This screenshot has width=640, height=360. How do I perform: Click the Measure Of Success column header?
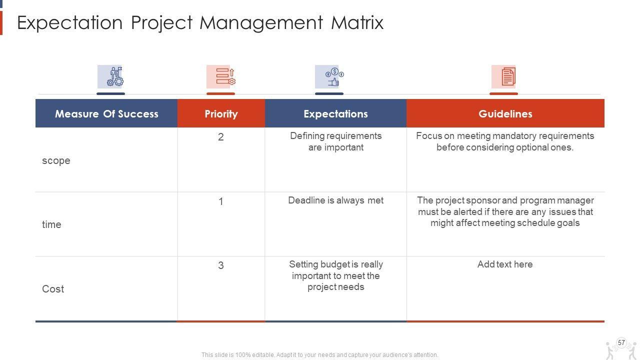click(x=106, y=113)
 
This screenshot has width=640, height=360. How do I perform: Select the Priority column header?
click(x=221, y=113)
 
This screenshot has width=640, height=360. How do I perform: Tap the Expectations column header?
click(x=335, y=113)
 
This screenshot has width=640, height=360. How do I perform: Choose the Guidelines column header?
click(x=505, y=113)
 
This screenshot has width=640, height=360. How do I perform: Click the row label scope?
click(x=56, y=161)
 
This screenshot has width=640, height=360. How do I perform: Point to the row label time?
click(x=51, y=224)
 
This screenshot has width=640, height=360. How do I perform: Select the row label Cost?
click(x=53, y=289)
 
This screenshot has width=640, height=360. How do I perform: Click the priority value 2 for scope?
click(x=221, y=137)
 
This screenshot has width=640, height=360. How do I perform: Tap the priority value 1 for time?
click(x=221, y=201)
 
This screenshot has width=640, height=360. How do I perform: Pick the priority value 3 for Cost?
click(x=221, y=265)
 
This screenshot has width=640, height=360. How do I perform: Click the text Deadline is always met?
click(x=335, y=200)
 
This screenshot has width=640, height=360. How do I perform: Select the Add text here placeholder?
click(x=505, y=264)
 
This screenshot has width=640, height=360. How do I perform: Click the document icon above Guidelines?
click(x=508, y=76)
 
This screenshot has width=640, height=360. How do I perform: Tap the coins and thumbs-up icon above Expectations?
click(x=334, y=76)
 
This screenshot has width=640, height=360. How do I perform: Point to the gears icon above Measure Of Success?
click(x=115, y=76)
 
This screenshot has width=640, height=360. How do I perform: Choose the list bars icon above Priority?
click(x=225, y=76)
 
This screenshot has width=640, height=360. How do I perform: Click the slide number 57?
click(x=621, y=342)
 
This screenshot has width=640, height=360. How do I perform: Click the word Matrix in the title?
click(x=357, y=22)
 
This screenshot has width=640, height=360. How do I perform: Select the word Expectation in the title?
click(x=70, y=23)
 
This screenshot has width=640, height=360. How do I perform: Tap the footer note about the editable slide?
click(x=319, y=355)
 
